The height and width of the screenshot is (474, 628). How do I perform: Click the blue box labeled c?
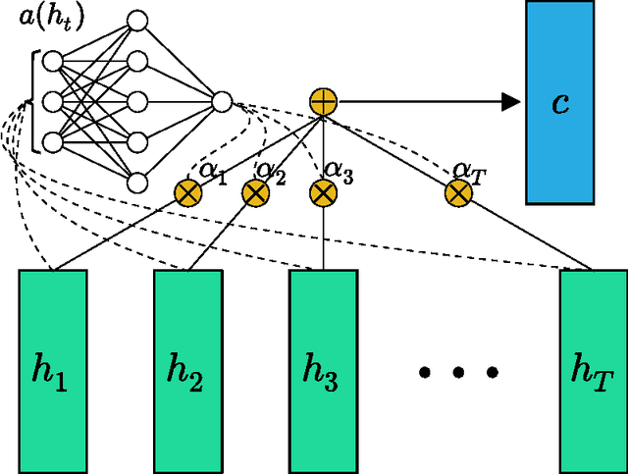click(560, 102)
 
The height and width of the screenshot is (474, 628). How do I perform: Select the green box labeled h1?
click(53, 369)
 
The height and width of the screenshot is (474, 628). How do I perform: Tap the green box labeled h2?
click(188, 369)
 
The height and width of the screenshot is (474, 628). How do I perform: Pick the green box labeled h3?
click(323, 369)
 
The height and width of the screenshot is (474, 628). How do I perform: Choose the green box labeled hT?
click(593, 369)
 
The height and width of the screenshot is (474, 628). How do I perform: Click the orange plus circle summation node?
click(323, 100)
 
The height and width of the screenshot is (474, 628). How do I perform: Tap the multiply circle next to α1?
click(187, 192)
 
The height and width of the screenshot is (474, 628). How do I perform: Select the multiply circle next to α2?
click(256, 192)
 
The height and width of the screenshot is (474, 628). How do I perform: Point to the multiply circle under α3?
click(323, 192)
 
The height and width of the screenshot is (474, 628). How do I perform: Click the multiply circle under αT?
click(458, 192)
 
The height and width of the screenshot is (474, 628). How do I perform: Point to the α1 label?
click(213, 171)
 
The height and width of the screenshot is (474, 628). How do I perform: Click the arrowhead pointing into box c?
click(509, 100)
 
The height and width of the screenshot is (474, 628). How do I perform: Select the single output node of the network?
click(222, 101)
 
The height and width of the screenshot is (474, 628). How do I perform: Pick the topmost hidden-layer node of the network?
click(138, 20)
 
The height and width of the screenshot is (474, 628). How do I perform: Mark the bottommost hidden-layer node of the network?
click(138, 182)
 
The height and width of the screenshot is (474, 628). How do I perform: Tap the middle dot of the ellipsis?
click(458, 372)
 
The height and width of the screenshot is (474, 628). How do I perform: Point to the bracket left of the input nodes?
click(36, 101)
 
